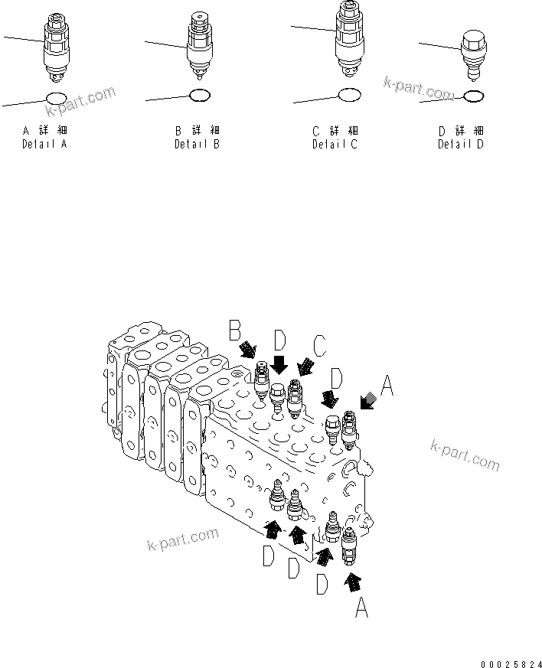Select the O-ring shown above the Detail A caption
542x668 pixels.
click(x=56, y=98)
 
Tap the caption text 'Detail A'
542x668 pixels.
click(x=44, y=144)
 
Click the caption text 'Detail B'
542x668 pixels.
click(x=197, y=144)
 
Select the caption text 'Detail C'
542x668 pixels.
click(x=335, y=144)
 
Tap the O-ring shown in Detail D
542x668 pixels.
click(x=473, y=96)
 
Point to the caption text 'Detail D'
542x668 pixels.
click(x=460, y=144)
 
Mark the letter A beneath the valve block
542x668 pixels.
click(x=363, y=610)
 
